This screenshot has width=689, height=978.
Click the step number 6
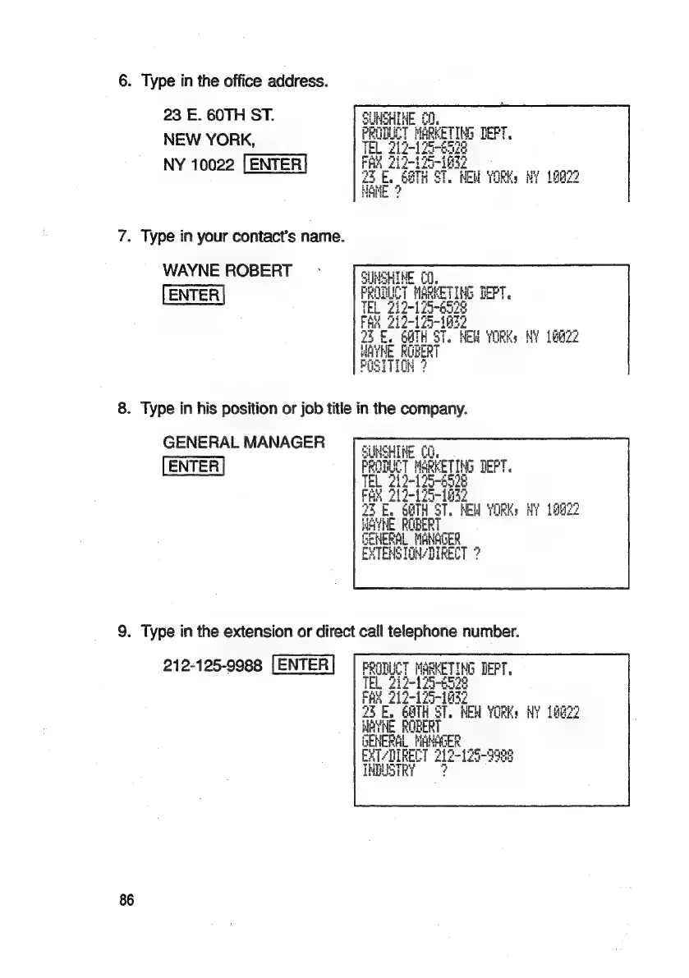(x=124, y=82)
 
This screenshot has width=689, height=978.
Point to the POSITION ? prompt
(x=393, y=366)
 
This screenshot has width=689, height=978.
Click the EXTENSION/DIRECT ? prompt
(x=420, y=553)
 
